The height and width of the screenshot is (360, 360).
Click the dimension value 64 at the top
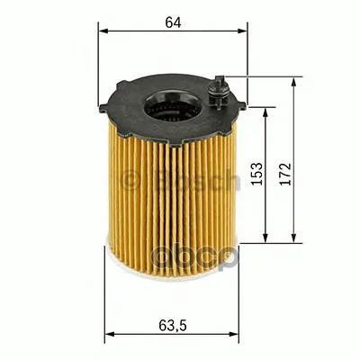click(x=174, y=22)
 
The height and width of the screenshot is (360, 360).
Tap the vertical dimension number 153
click(x=257, y=174)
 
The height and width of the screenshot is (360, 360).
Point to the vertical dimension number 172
click(x=285, y=174)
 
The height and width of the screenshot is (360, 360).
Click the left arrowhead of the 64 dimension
click(x=103, y=31)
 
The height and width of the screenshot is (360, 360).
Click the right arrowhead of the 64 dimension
click(x=242, y=31)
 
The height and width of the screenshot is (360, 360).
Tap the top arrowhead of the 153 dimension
click(x=265, y=112)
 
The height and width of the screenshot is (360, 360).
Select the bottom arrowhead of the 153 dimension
click(x=265, y=238)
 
